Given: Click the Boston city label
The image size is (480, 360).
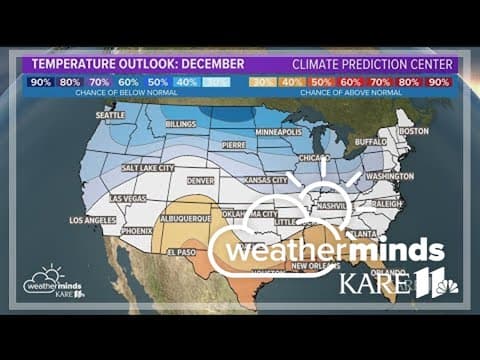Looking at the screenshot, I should click(x=413, y=131).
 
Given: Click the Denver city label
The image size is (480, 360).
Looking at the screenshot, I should click(x=200, y=181).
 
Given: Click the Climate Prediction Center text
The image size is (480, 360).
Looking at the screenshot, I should click(x=372, y=64).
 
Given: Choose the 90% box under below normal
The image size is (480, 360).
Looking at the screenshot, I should click(x=41, y=81).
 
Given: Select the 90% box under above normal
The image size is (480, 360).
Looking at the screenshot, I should click(x=439, y=81).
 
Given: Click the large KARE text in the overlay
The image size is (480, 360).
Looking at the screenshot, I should click(x=375, y=283).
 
